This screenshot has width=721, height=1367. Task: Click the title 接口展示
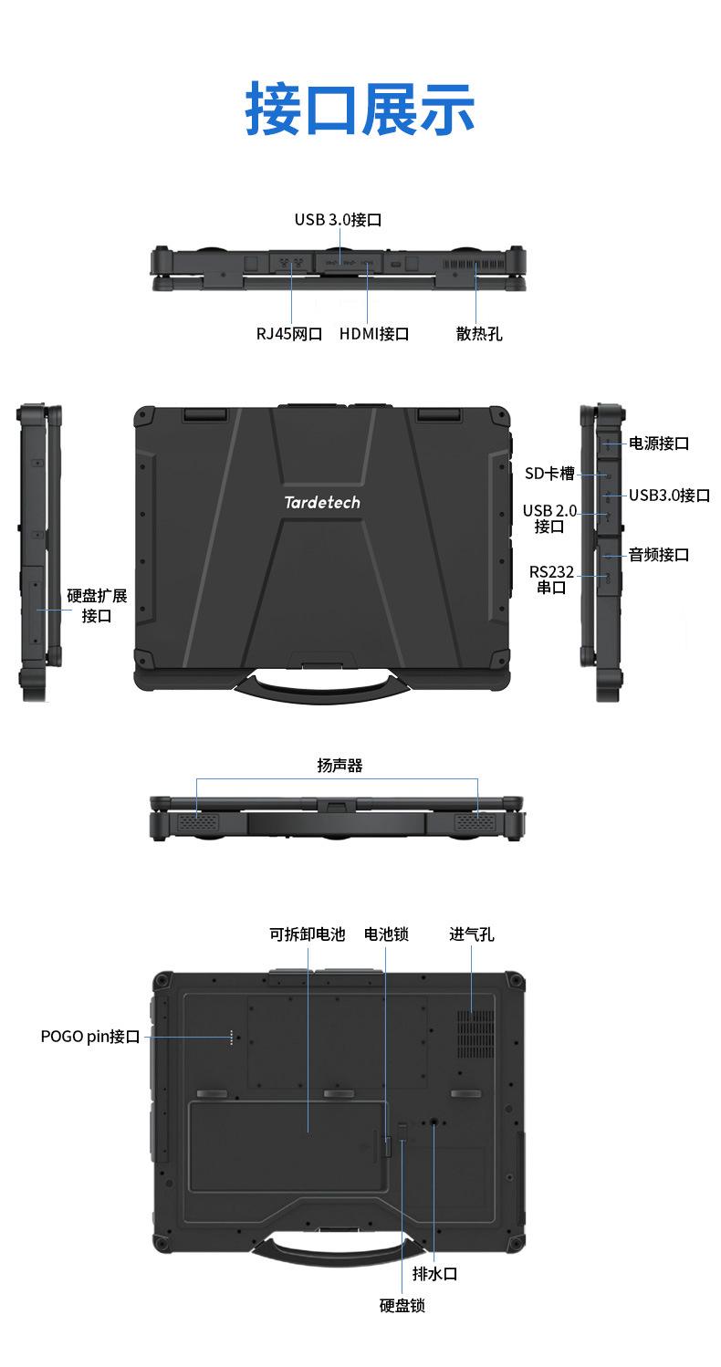pos(360,110)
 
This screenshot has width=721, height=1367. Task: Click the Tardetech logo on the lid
pos(322,503)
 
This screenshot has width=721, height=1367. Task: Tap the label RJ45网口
pos(289,334)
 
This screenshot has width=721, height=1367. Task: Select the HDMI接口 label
pos(374,334)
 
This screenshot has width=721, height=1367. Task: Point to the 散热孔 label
pos(479,334)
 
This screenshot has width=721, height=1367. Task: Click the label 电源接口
pos(659,443)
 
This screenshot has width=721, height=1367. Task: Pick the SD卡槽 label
pos(549,473)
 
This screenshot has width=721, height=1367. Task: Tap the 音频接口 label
pos(659,555)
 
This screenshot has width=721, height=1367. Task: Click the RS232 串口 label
pos(551,579)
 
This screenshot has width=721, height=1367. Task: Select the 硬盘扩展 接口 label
pos(97,606)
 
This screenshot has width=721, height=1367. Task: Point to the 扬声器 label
pos(340,767)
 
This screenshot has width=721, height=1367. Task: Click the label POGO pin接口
pos(90,1037)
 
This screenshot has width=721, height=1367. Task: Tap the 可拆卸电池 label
pos(308,934)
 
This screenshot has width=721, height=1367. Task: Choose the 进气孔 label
pos(472,934)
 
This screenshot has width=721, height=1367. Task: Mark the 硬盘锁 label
pos(402,1306)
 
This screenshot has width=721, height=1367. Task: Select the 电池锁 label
pos(386,934)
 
